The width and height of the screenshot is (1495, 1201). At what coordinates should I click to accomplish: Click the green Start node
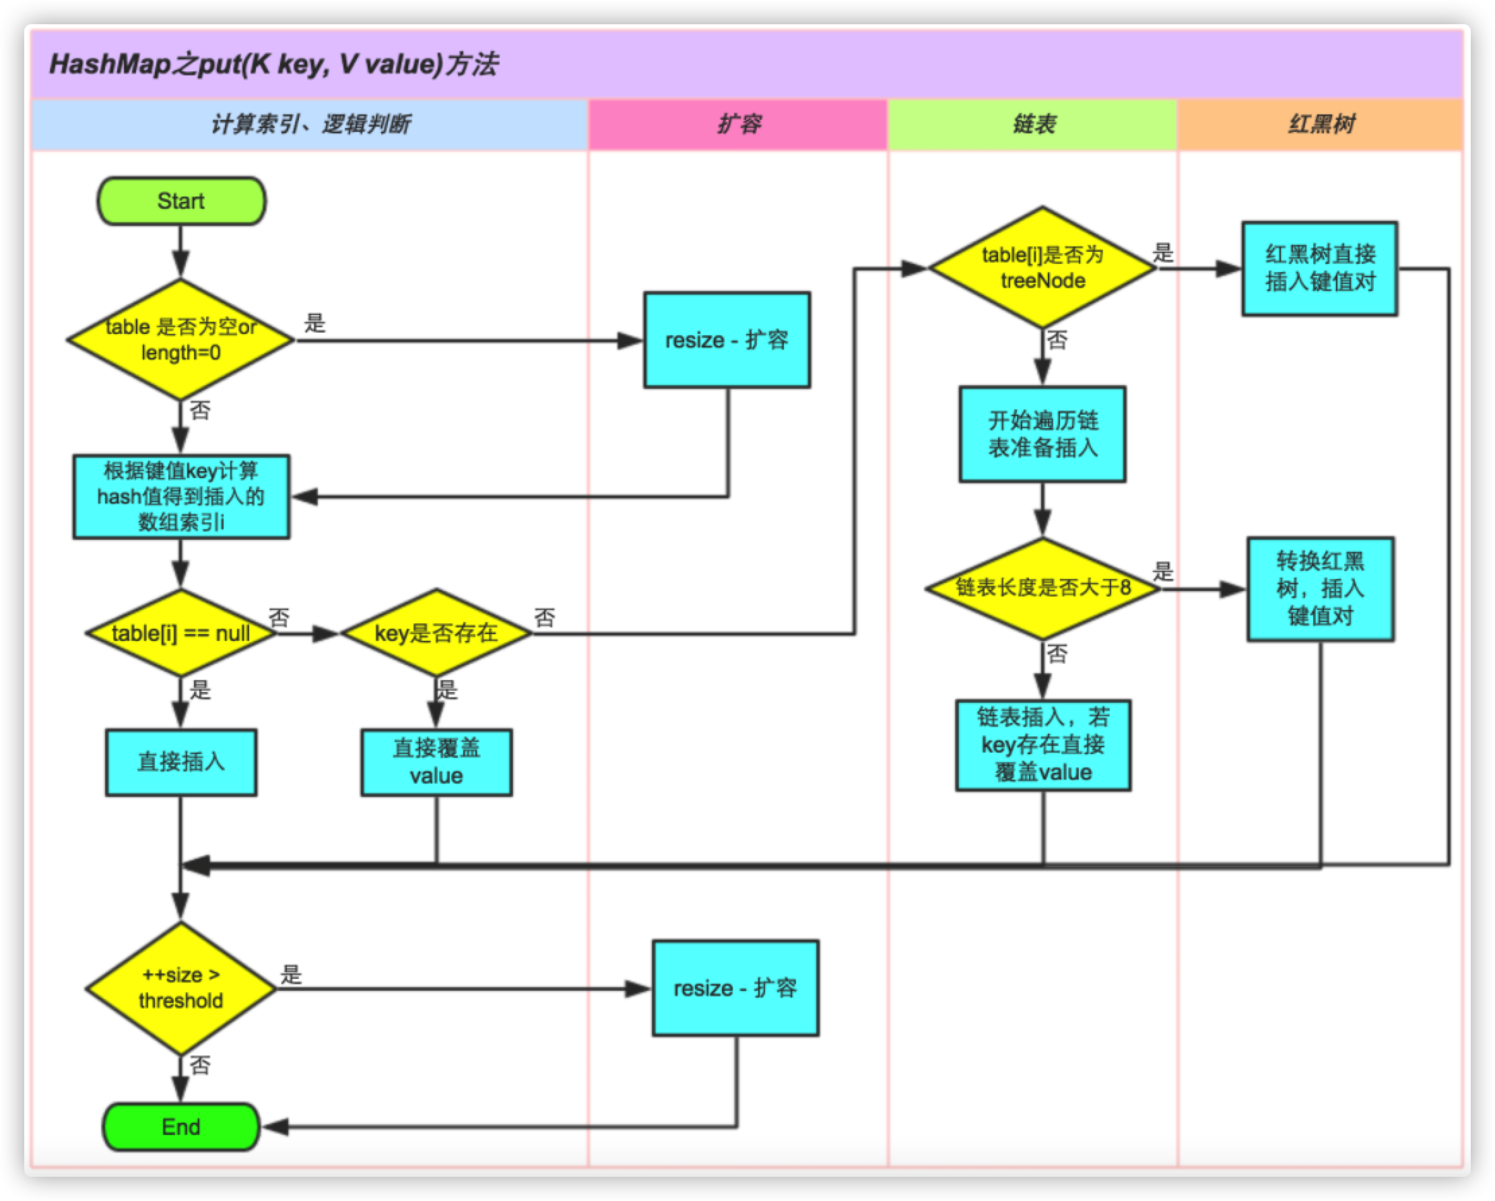pyautogui.click(x=181, y=201)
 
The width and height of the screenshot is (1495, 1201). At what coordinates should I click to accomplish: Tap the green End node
pyautogui.click(x=181, y=1127)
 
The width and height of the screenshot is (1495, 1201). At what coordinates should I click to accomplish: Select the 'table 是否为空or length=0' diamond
pyautogui.click(x=181, y=339)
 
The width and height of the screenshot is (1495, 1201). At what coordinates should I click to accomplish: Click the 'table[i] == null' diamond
pyautogui.click(x=181, y=633)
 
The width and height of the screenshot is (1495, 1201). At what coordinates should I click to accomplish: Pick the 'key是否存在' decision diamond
pyautogui.click(x=436, y=633)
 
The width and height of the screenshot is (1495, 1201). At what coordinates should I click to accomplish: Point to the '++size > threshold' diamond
pyautogui.click(x=181, y=988)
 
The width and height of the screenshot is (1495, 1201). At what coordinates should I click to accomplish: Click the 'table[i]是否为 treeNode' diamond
pyautogui.click(x=1042, y=267)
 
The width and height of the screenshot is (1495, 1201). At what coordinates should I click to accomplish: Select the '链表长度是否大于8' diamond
pyautogui.click(x=1042, y=588)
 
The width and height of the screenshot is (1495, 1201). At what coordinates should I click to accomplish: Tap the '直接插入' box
pyautogui.click(x=181, y=761)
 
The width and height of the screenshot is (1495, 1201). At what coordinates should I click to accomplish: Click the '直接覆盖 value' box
pyautogui.click(x=436, y=761)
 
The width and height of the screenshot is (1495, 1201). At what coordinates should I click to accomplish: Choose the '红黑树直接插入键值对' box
pyautogui.click(x=1319, y=268)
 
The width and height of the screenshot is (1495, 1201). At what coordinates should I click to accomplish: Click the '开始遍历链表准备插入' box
pyautogui.click(x=1042, y=434)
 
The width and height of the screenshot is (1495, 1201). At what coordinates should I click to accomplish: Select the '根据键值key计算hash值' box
pyautogui.click(x=181, y=496)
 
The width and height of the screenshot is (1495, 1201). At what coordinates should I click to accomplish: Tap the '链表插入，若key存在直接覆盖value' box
pyautogui.click(x=1043, y=745)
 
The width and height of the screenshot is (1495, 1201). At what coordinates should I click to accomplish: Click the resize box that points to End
pyautogui.click(x=735, y=988)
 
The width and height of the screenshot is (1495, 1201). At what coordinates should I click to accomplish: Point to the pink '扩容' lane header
pyautogui.click(x=738, y=124)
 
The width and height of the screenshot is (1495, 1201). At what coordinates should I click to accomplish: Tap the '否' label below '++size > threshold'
pyautogui.click(x=200, y=1065)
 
